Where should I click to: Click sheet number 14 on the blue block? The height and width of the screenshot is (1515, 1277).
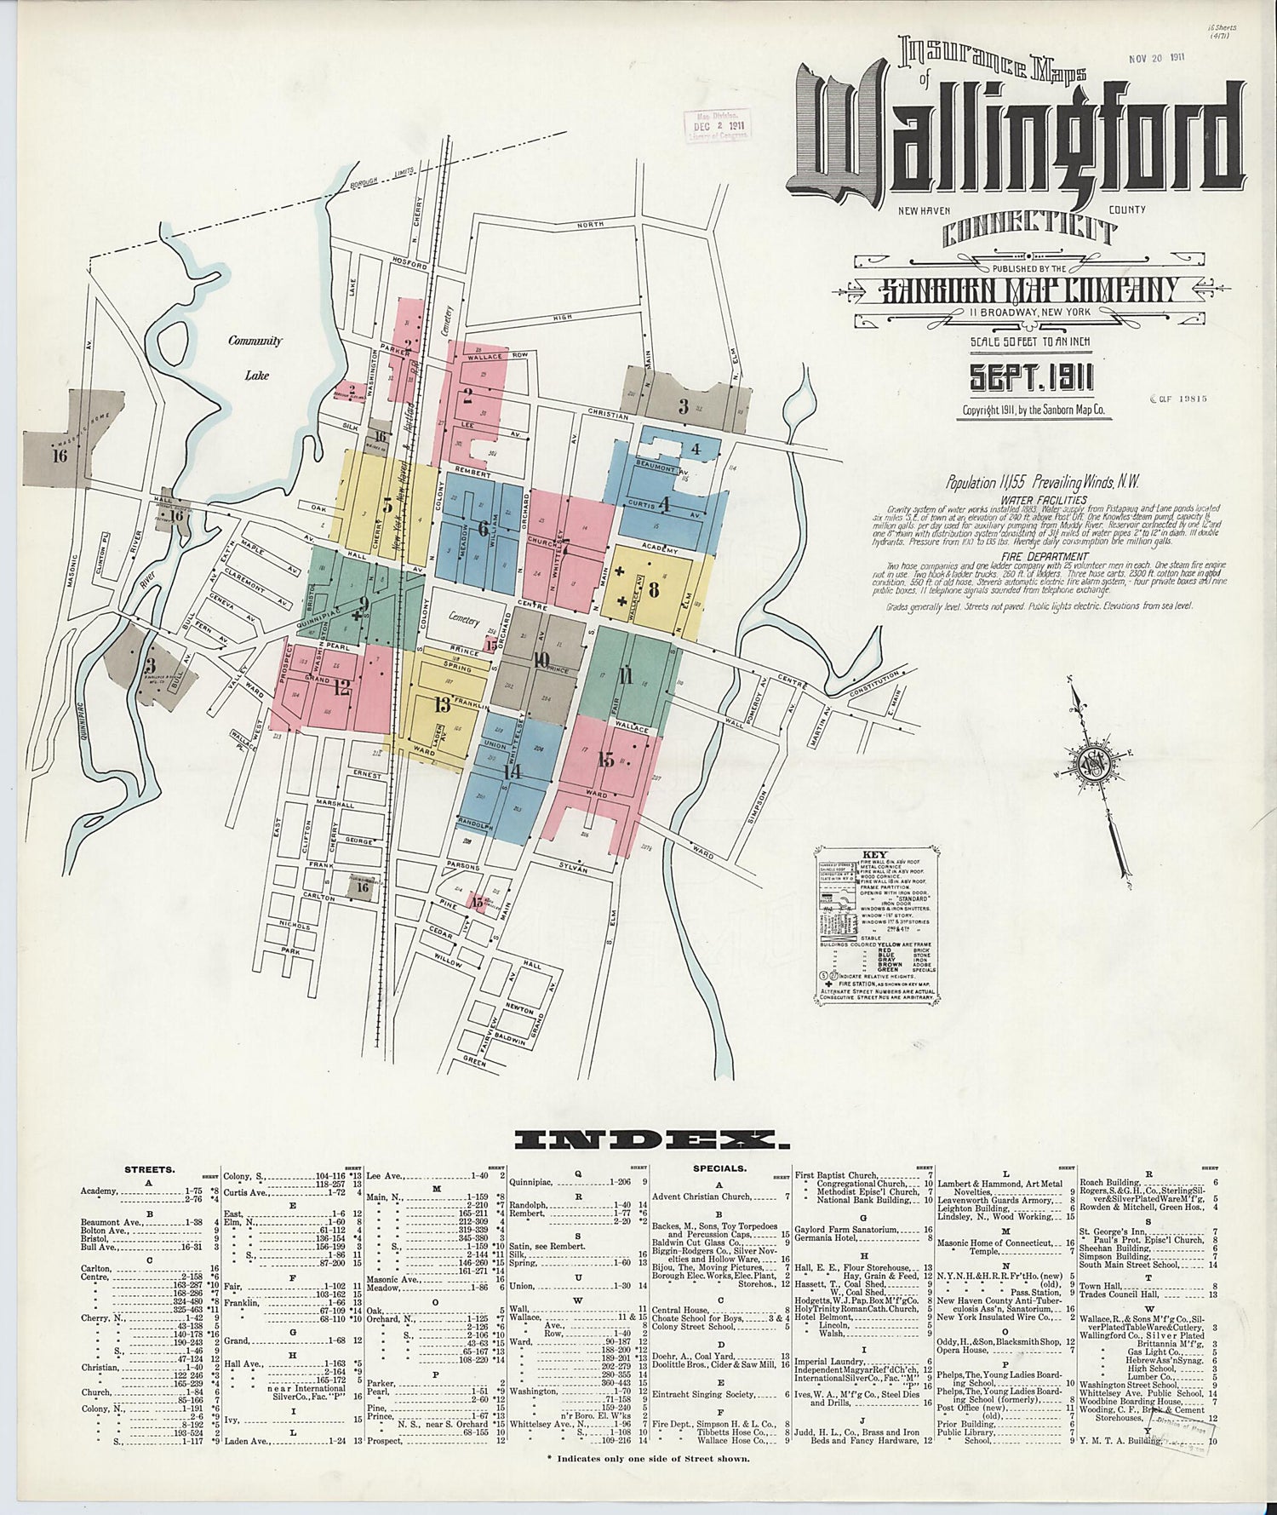(x=512, y=772)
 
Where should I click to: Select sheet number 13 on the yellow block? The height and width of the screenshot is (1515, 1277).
(x=442, y=704)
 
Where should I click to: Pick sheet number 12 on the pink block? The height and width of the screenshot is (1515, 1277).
(x=341, y=688)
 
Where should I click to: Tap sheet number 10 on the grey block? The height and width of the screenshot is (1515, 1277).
(x=541, y=658)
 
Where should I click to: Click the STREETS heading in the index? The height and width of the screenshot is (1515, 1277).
(x=150, y=1169)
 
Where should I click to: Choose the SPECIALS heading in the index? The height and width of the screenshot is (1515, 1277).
(x=720, y=1169)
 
